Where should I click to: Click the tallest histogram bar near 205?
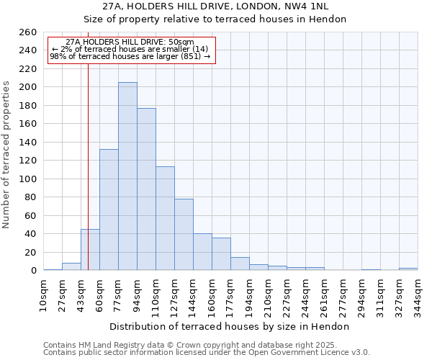click(127, 176)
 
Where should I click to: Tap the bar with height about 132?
click(109, 210)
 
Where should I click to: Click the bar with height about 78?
click(184, 234)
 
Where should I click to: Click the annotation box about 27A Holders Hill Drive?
click(130, 50)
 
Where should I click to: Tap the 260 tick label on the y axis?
click(27, 32)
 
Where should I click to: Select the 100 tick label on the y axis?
click(27, 179)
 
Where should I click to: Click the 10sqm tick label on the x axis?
click(43, 294)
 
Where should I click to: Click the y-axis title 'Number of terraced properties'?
click(6, 154)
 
